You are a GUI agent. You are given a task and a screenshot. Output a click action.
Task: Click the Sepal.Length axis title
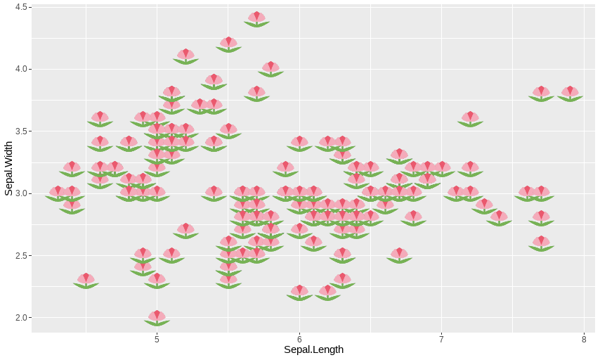click(x=313, y=349)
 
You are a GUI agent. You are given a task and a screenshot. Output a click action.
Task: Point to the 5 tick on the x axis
click(x=157, y=338)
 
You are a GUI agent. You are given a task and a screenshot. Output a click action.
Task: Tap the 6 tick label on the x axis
click(x=299, y=338)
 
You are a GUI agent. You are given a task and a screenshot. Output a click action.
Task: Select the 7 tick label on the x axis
click(x=441, y=338)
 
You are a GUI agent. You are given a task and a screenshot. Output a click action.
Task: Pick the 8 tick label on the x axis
click(x=584, y=338)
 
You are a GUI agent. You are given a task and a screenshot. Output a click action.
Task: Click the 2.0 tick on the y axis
click(x=20, y=318)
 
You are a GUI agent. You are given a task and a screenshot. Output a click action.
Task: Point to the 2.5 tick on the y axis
click(x=20, y=255)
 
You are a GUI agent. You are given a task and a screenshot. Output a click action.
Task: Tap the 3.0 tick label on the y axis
click(x=20, y=193)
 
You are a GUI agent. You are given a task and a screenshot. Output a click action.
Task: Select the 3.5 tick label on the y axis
click(x=20, y=131)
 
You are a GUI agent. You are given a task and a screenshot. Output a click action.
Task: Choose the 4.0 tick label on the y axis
click(x=20, y=69)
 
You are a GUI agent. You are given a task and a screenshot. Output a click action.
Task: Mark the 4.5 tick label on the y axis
click(x=20, y=7)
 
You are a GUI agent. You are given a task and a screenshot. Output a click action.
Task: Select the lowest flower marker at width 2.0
click(x=157, y=317)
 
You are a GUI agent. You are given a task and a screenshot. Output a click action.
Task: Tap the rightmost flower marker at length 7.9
click(x=570, y=94)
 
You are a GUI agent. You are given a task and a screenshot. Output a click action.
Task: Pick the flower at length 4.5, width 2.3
click(x=86, y=280)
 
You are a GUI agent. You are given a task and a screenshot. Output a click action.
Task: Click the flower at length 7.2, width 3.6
click(x=470, y=118)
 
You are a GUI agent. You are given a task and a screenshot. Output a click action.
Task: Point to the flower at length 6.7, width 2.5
click(x=399, y=255)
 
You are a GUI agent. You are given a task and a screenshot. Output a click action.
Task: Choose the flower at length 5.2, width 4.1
click(x=185, y=56)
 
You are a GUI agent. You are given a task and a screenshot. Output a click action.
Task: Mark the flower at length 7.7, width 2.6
click(x=541, y=243)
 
